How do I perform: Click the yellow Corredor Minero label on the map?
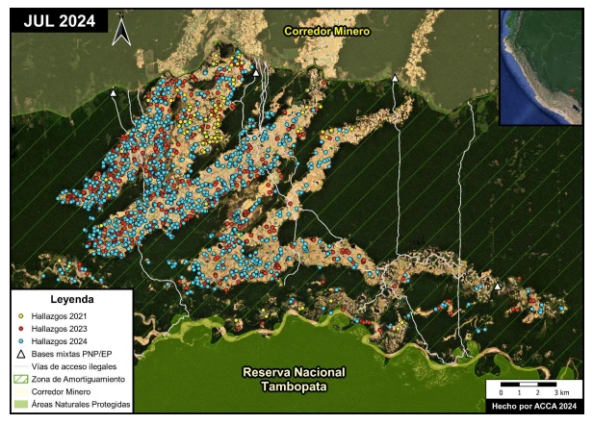(x=326, y=32)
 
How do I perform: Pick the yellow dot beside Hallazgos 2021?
(x=22, y=315)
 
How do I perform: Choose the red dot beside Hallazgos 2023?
(x=22, y=329)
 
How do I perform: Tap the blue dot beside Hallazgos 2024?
(x=22, y=341)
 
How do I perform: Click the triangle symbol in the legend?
(x=22, y=355)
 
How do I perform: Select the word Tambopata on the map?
(x=294, y=387)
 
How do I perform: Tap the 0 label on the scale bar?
(x=501, y=394)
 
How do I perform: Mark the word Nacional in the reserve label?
(x=321, y=372)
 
